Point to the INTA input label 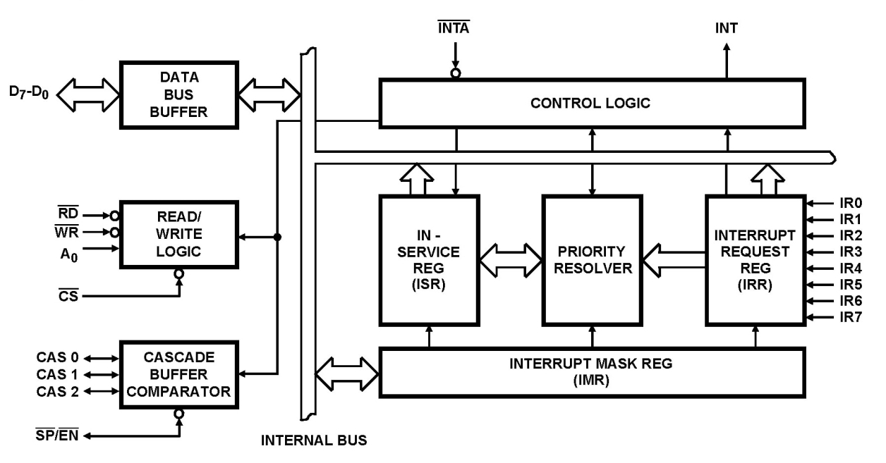(455, 30)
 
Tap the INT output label (727, 30)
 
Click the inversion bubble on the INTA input (456, 73)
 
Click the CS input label (69, 295)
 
